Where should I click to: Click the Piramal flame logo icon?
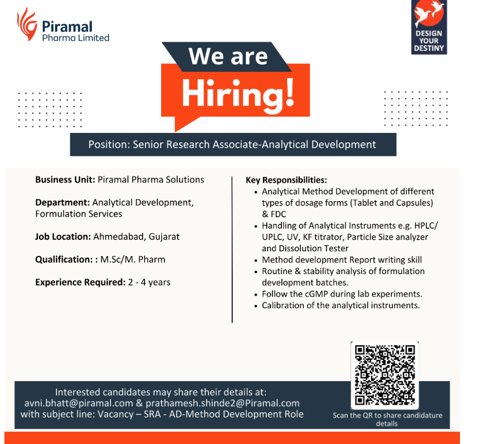click(27, 24)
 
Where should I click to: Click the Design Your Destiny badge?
click(429, 27)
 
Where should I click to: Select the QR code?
click(385, 375)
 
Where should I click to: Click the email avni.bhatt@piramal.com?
click(79, 403)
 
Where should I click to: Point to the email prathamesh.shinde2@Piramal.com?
click(223, 403)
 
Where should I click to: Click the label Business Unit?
click(65, 180)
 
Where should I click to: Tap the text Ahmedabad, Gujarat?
click(136, 237)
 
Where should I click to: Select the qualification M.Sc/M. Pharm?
click(133, 259)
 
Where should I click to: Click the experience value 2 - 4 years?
click(149, 282)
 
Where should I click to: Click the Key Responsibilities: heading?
click(286, 180)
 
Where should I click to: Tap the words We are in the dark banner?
click(228, 56)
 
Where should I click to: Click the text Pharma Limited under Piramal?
click(76, 38)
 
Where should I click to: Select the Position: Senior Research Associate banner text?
click(232, 144)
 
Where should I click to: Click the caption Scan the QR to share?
click(387, 415)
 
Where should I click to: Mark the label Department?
click(62, 203)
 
